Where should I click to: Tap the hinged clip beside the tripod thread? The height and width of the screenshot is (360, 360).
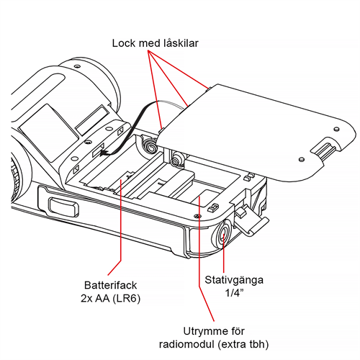click(x=248, y=220)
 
